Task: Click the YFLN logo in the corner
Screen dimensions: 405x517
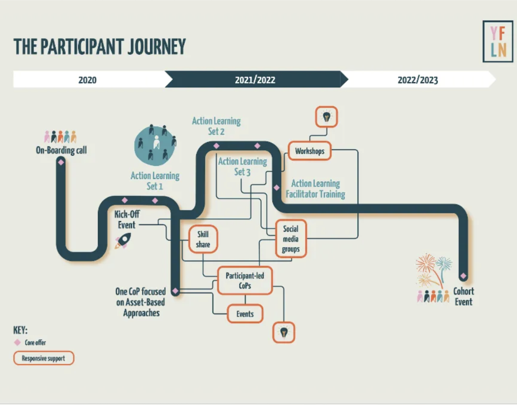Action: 498,41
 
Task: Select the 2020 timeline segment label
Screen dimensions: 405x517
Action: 87,80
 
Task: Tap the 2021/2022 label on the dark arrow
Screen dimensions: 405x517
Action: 255,80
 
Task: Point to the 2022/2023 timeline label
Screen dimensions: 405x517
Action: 417,80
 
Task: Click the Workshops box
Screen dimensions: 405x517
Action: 309,151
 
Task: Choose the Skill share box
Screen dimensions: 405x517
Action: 203,239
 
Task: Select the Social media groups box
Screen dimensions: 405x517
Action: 291,239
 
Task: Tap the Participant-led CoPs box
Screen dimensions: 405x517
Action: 245,280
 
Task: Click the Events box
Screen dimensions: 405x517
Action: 245,314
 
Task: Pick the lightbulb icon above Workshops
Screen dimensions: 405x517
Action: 326,117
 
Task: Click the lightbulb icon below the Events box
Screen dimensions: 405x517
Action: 284,332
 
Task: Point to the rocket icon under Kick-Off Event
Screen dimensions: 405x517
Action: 123,240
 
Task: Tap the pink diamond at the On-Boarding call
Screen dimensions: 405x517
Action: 61,162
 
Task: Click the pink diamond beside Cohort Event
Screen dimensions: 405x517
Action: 463,276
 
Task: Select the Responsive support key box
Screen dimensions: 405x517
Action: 43,358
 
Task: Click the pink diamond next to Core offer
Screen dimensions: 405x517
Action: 17,342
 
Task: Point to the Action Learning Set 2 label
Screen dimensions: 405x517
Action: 216,126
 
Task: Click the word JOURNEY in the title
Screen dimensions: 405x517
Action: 157,47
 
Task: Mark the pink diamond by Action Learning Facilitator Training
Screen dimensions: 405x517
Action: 276,188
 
